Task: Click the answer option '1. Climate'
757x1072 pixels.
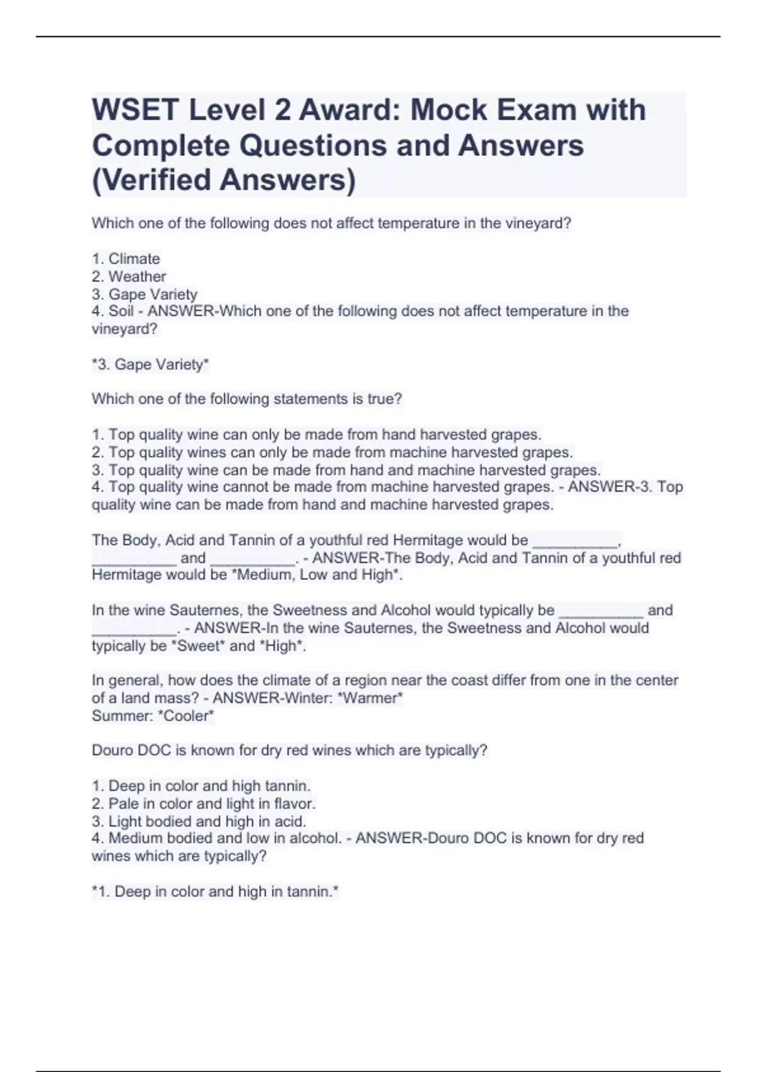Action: tap(126, 259)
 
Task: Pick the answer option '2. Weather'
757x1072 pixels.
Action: tap(129, 276)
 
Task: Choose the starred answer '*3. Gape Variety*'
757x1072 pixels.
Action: tap(150, 364)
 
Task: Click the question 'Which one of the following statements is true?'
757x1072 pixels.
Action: tap(247, 399)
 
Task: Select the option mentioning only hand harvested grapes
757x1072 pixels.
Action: tap(317, 434)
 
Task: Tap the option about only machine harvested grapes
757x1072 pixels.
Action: tap(332, 452)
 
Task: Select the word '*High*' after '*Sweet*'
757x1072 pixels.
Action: tap(282, 646)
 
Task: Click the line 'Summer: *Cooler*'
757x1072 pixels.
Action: tap(153, 716)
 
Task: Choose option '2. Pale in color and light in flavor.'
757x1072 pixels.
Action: tap(204, 803)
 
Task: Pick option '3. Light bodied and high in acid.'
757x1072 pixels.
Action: tap(199, 821)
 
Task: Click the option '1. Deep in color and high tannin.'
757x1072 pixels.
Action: tap(201, 786)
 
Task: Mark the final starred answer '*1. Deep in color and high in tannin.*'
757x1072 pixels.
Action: tap(215, 892)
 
